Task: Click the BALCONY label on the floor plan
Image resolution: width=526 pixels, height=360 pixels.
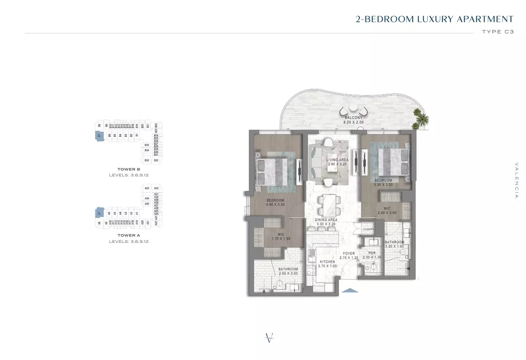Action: [353, 118]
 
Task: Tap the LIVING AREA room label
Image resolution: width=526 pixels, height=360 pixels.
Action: [337, 160]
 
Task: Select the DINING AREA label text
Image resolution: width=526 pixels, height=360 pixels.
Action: [326, 220]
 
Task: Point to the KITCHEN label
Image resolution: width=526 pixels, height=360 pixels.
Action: [327, 262]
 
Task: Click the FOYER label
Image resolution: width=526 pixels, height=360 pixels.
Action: [349, 254]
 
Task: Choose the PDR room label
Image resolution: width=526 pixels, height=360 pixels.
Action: [372, 253]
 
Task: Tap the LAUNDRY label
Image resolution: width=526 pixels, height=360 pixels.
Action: [368, 229]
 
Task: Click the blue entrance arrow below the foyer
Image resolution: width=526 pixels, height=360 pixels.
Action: [350, 290]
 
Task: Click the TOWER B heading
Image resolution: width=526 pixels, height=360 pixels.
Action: [129, 169]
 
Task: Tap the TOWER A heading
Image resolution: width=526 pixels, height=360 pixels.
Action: [129, 235]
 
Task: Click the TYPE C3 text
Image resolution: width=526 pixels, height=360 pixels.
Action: [498, 32]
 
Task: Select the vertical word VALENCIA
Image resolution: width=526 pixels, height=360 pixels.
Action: [517, 180]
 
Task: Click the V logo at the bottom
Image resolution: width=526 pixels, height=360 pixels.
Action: [269, 338]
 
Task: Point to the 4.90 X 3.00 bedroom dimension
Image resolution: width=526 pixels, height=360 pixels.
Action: [275, 205]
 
